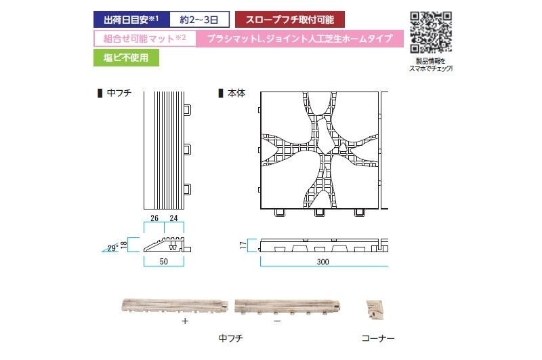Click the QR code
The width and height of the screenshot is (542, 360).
coord(431,32)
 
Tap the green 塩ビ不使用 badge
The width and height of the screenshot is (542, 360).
coord(126,58)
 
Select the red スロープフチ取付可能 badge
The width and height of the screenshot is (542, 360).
coord(290,20)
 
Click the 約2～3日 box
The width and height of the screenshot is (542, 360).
coord(199,20)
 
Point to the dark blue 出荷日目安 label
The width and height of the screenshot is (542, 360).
coord(131,20)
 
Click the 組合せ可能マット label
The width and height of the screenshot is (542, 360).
coord(145,39)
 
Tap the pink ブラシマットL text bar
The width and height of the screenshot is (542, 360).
coord(299,39)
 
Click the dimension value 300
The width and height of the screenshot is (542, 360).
coord(323,262)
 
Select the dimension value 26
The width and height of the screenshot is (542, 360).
coord(154,218)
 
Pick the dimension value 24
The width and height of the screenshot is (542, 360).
coord(173,218)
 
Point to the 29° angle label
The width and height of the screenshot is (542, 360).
coord(112,248)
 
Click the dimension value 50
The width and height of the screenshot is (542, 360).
coord(164,262)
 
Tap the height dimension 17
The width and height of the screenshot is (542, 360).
coord(243,245)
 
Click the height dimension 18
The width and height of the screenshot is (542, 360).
coord(123,245)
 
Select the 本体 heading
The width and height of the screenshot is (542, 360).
coord(236,93)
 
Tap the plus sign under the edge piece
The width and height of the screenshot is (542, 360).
coord(185,321)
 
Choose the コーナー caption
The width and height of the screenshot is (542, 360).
coord(378,338)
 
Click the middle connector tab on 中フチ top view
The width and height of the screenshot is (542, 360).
coord(188,149)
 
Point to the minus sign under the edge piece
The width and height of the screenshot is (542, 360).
coord(277,321)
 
